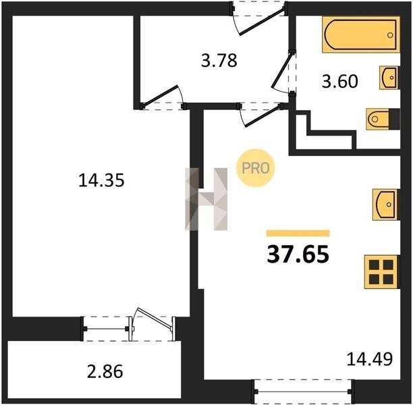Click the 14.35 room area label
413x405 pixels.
point(101,180)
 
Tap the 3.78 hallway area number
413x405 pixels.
point(219,60)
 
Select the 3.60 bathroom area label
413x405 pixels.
point(340,81)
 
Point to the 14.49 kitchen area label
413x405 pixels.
point(370,359)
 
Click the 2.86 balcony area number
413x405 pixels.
point(105,371)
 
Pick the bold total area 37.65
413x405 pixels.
point(298,254)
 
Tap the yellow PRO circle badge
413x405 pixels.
point(256,168)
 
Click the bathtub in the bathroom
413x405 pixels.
point(361,34)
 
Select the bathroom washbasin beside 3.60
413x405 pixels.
point(389,78)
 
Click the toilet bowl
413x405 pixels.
point(377,119)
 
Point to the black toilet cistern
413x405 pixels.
point(394,119)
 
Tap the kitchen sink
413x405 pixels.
point(385,205)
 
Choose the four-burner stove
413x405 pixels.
point(381,271)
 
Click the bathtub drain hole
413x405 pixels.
point(390,35)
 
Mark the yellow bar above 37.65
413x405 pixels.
point(298,233)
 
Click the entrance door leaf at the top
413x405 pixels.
point(263,21)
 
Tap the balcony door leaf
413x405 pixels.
point(155,320)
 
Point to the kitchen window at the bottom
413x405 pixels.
point(302,391)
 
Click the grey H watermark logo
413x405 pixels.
point(206,199)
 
